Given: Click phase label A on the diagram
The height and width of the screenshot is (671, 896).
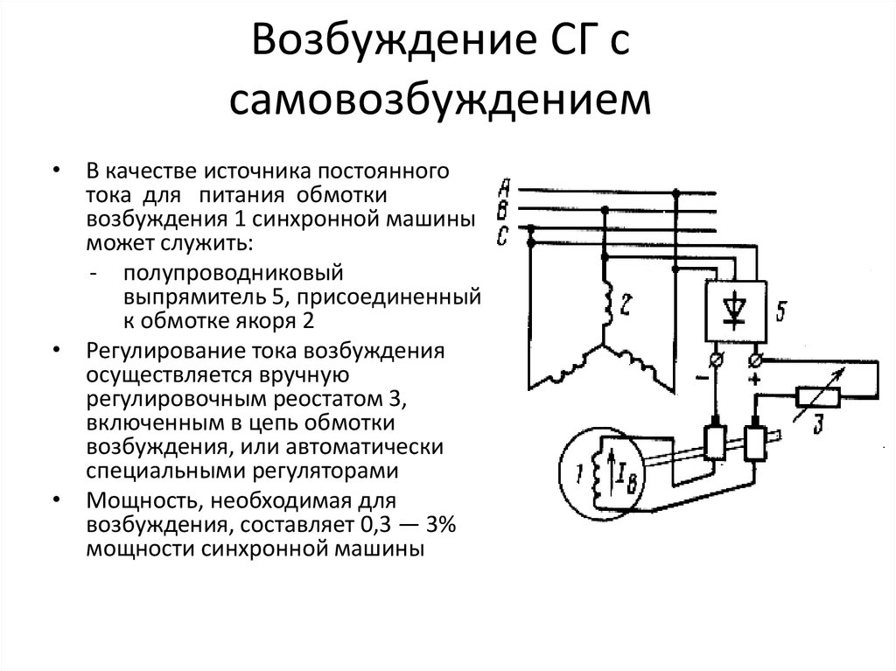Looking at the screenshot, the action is [503, 185].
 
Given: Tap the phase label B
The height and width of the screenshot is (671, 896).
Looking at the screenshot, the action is [503, 210].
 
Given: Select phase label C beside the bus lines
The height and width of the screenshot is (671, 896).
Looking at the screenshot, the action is [502, 234].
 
